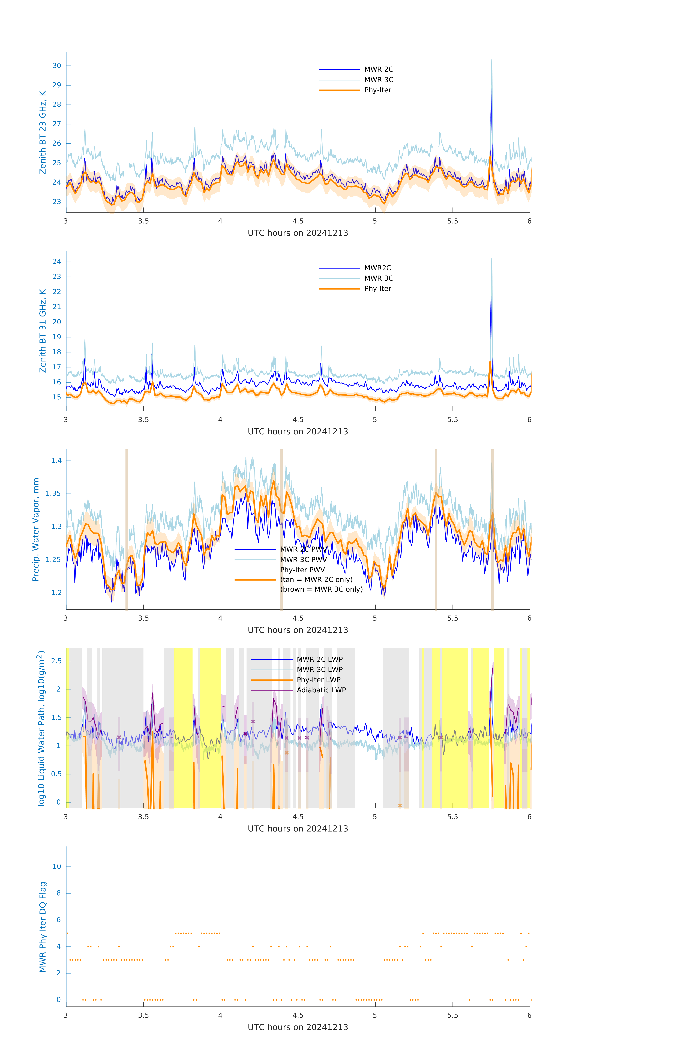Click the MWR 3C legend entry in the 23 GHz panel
pyautogui.click(x=378, y=80)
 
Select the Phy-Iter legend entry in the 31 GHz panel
pyautogui.click(x=377, y=289)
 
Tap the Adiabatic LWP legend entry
pyautogui.click(x=321, y=690)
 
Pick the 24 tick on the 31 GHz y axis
pyautogui.click(x=57, y=262)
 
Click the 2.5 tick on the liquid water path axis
pyautogui.click(x=56, y=661)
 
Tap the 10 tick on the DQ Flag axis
pyautogui.click(x=57, y=866)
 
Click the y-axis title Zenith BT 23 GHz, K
pyautogui.click(x=43, y=132)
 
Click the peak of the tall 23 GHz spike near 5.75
pyautogui.click(x=492, y=60)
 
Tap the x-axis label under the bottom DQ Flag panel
pyautogui.click(x=298, y=1027)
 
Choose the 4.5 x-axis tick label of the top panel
pyautogui.click(x=298, y=221)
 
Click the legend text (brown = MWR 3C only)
pyautogui.click(x=322, y=589)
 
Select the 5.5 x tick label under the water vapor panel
pyautogui.click(x=452, y=618)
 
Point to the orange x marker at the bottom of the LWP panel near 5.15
pyautogui.click(x=400, y=806)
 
